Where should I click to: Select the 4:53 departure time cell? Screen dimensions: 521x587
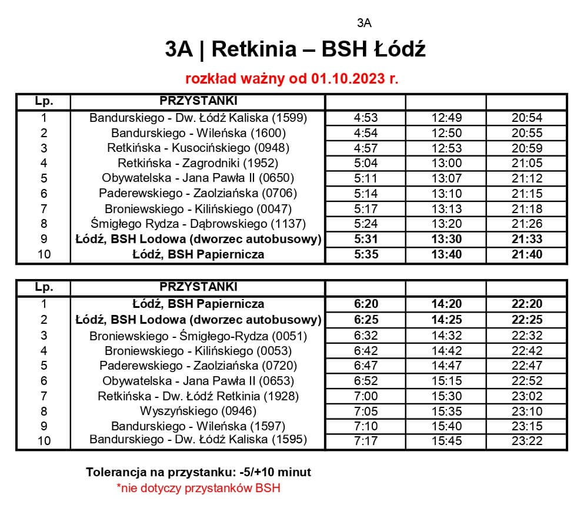365,118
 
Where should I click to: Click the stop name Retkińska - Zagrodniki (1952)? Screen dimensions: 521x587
198,163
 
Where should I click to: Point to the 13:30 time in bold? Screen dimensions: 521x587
446,239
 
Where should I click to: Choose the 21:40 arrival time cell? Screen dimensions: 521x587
527,254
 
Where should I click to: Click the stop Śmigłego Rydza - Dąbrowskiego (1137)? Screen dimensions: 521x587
198,224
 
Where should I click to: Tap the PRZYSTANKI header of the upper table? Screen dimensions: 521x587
198,100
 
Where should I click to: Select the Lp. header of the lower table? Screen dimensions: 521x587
44,287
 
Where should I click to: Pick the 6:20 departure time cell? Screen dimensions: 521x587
365,304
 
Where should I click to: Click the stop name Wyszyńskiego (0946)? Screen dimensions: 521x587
198,410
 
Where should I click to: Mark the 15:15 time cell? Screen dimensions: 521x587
446,381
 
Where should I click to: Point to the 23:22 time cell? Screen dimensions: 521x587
527,440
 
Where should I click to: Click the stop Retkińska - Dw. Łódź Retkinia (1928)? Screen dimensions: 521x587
198,396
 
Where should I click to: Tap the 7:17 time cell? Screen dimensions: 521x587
365,440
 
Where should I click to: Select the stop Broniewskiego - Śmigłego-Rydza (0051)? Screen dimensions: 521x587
198,336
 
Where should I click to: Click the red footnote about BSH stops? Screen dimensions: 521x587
198,488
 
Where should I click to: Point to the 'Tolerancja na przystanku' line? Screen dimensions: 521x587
198,472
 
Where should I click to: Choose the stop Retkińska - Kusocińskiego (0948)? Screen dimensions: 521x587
198,148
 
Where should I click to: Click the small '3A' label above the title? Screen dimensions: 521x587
364,24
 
